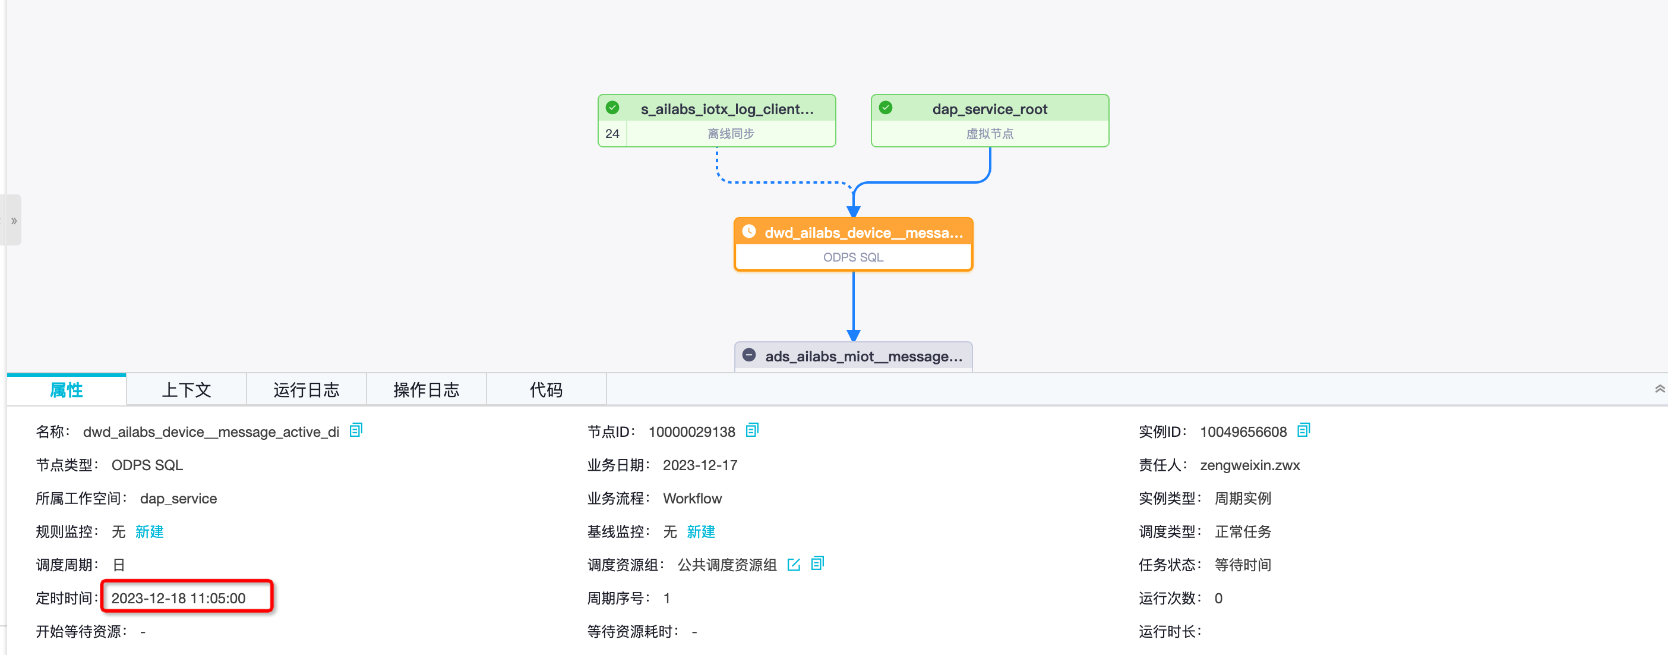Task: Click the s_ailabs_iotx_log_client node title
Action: [726, 109]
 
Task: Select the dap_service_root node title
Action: [990, 109]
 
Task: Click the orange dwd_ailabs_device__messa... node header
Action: [854, 232]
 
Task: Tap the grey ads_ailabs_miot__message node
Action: [854, 357]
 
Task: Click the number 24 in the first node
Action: [612, 134]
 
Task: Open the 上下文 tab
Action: [187, 390]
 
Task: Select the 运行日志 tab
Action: [307, 390]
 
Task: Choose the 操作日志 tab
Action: [426, 390]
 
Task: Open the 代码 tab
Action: [546, 390]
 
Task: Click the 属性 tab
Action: [67, 390]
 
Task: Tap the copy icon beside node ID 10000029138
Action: [752, 430]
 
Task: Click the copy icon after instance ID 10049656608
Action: [1303, 430]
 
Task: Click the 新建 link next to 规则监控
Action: [149, 532]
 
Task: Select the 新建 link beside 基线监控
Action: [700, 532]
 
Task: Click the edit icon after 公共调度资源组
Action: [794, 564]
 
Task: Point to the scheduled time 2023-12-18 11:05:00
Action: [178, 598]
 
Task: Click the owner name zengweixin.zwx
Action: [1250, 465]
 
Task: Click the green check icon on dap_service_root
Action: [886, 108]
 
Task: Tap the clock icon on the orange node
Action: [749, 231]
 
